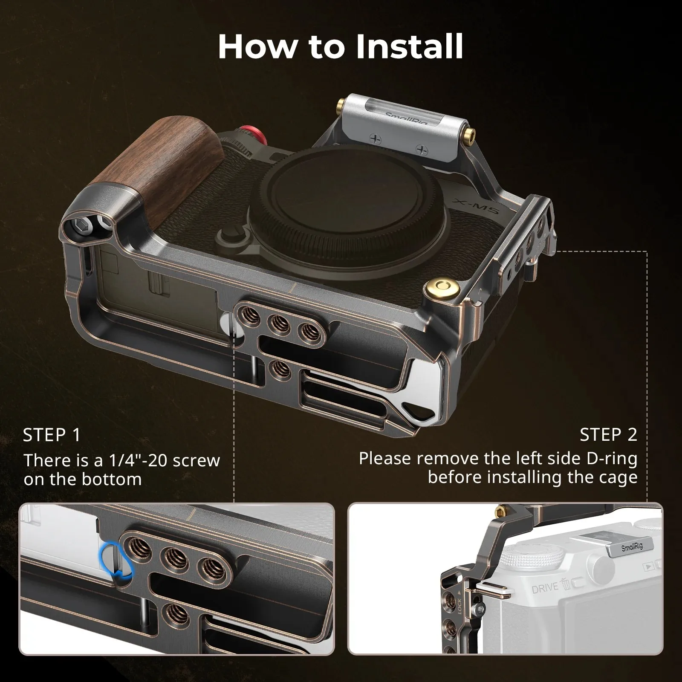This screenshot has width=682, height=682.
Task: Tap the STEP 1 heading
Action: [x=52, y=435]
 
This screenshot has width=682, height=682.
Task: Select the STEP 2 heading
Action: [x=608, y=434]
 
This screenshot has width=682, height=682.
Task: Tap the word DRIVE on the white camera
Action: [x=545, y=588]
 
